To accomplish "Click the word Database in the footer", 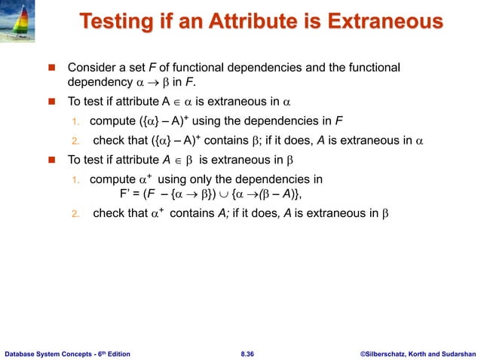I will (22, 351).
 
